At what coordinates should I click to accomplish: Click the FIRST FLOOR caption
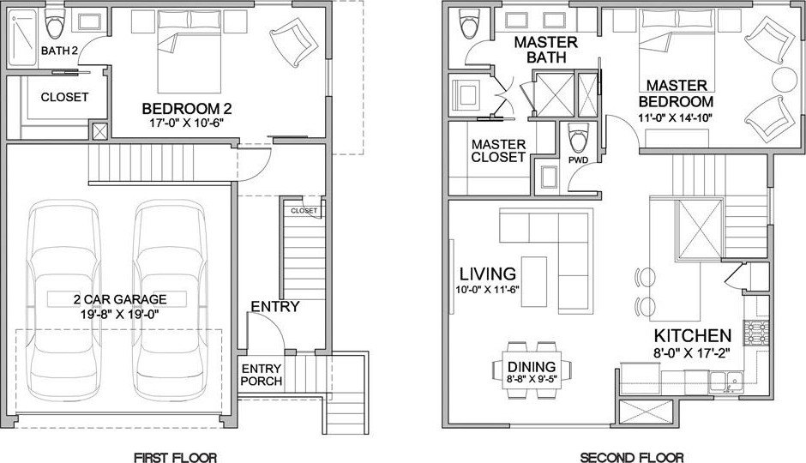175,457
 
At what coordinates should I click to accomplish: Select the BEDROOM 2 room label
187,109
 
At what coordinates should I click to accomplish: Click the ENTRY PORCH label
262,375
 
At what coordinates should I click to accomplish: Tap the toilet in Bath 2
57,27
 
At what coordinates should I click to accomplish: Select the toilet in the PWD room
578,137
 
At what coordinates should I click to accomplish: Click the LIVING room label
487,274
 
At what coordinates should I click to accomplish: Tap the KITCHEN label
692,335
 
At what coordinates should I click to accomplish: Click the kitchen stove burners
756,330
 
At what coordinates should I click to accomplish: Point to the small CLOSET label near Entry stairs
304,210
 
